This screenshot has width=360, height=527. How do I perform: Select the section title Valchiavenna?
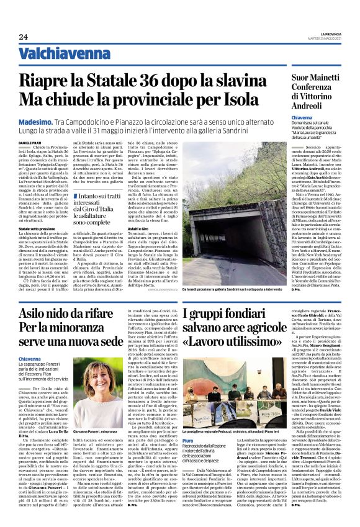pyautogui.click(x=60, y=55)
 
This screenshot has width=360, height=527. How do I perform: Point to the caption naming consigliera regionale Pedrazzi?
pyautogui.click(x=248, y=432)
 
